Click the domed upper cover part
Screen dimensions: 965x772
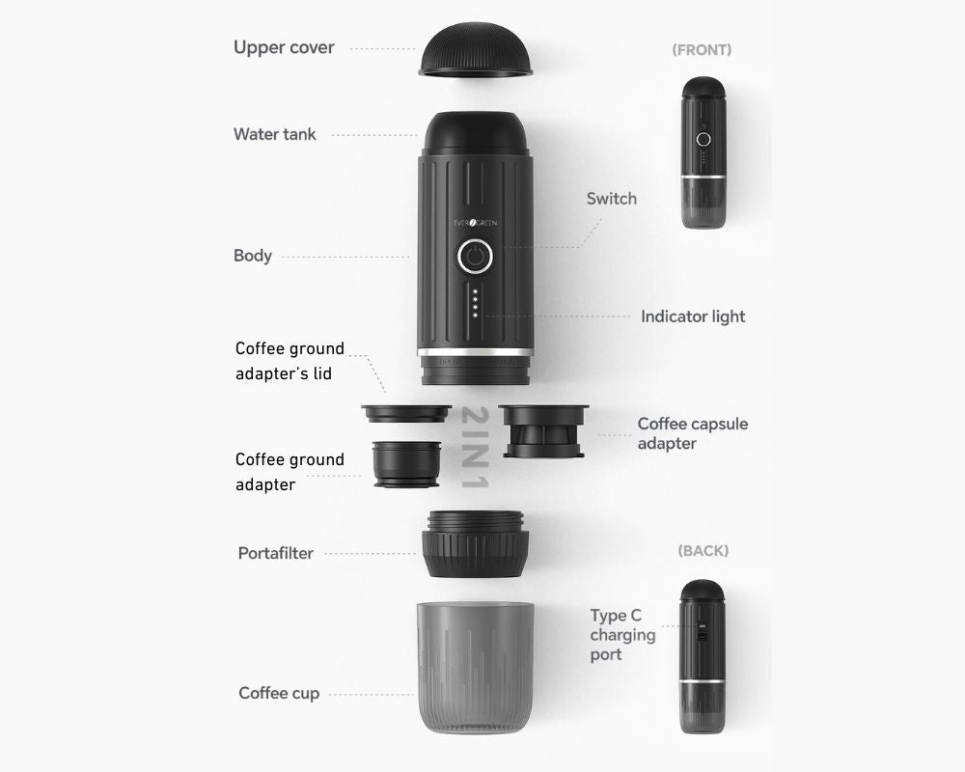[475, 50]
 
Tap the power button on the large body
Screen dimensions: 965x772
[475, 256]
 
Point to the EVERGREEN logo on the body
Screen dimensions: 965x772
[475, 223]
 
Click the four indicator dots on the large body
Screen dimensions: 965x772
[475, 303]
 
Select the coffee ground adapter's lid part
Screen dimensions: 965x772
[406, 413]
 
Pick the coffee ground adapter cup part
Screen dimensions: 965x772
[407, 464]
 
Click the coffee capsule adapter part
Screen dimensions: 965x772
[543, 431]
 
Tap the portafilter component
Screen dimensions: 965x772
[475, 543]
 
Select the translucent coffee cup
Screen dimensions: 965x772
[475, 668]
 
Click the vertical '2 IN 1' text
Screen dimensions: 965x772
[475, 447]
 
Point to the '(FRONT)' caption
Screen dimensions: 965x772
[702, 50]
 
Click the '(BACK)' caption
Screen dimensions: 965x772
[703, 550]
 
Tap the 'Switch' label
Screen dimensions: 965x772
[611, 199]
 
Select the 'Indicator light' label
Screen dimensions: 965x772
[693, 317]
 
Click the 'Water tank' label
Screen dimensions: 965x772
[274, 134]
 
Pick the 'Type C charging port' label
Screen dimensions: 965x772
[622, 635]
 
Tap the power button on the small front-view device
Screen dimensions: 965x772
[703, 139]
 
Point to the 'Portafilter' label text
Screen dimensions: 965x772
[276, 553]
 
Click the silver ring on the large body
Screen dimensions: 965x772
[475, 352]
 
